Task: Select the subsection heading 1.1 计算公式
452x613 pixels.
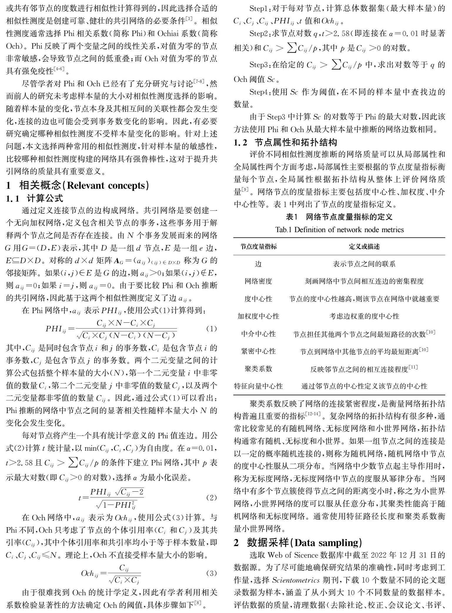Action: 34,198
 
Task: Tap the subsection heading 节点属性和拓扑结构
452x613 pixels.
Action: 295,143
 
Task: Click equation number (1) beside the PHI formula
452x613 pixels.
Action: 211,329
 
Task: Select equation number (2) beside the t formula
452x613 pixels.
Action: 211,498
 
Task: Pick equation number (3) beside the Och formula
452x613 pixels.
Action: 211,573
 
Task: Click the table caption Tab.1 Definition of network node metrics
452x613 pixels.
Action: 339,230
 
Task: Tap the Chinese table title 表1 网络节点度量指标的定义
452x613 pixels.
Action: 339,217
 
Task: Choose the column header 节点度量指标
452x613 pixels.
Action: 258,247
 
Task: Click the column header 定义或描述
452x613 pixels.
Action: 364,247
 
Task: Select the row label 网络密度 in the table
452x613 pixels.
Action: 258,281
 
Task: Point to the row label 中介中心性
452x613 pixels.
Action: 258,334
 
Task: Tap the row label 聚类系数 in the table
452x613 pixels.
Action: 258,369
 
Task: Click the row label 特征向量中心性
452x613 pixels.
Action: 258,386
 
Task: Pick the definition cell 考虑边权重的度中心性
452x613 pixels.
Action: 364,316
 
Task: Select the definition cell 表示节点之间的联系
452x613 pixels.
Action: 364,264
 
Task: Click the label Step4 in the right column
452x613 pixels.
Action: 260,92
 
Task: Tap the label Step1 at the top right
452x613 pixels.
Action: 260,9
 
